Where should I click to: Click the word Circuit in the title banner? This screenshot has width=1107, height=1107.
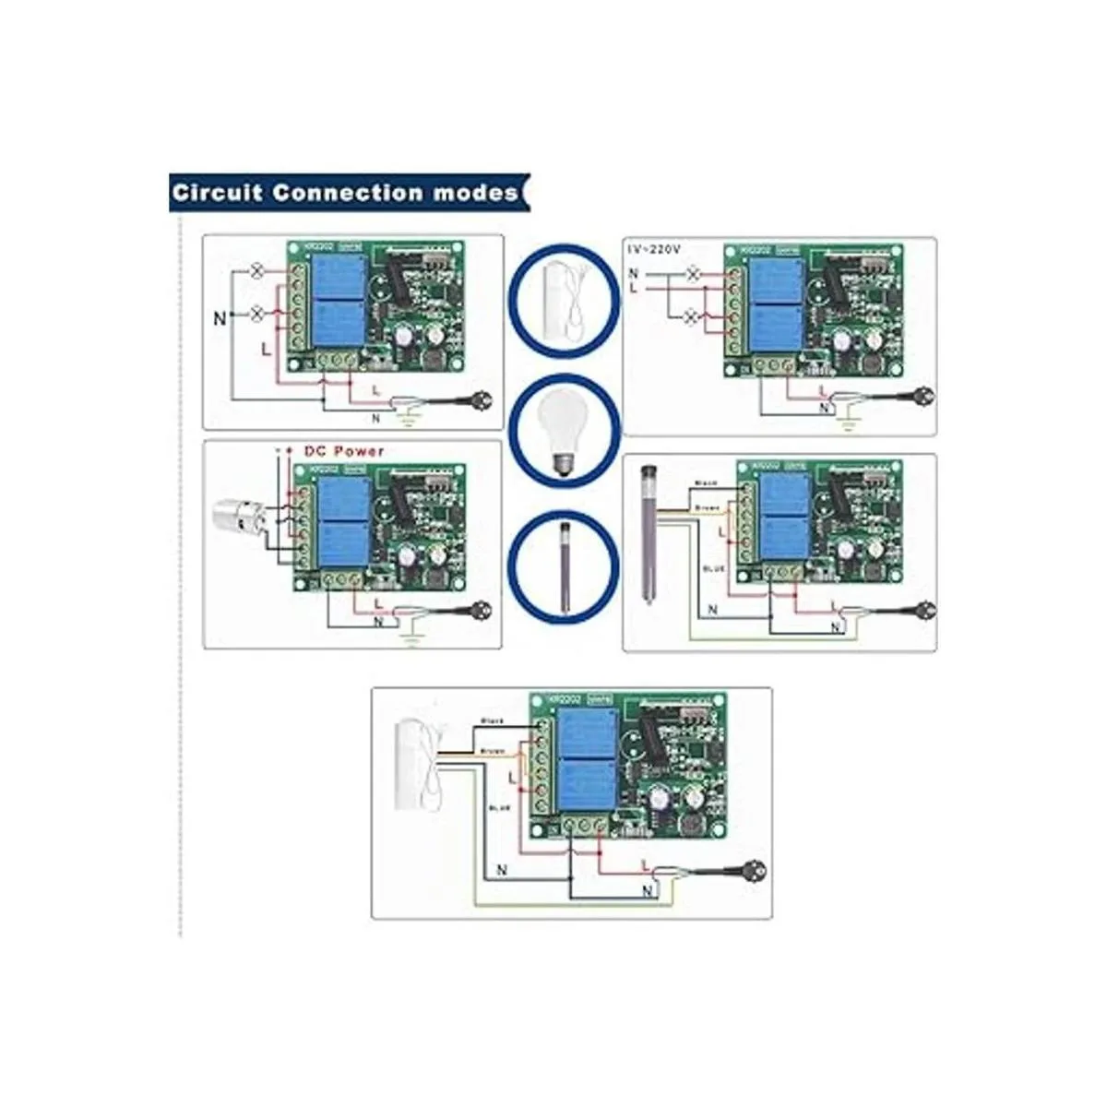(218, 194)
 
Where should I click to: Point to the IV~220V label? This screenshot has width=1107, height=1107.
(661, 250)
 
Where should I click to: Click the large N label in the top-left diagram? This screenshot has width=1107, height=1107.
(220, 319)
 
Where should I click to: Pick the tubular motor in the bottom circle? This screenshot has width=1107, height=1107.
(563, 564)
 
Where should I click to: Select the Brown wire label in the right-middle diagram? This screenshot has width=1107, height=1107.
(706, 506)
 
